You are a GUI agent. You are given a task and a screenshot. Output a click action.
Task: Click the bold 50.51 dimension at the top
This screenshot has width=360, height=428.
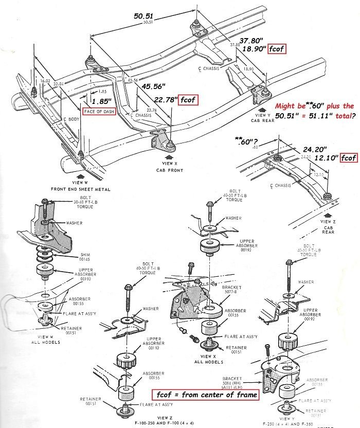(x=145, y=16)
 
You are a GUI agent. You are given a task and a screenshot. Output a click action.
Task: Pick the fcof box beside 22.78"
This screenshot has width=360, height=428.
(x=187, y=100)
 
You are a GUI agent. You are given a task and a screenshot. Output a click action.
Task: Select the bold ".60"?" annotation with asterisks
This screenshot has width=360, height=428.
(x=246, y=139)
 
